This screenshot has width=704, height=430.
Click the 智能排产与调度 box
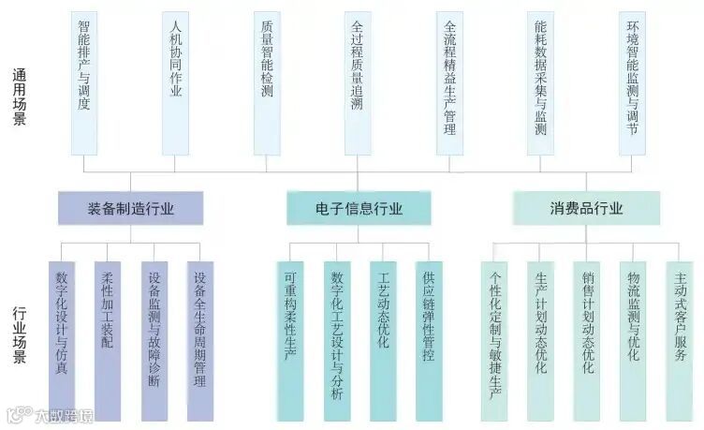pos(83,82)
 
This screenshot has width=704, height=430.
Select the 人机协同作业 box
pos(175,82)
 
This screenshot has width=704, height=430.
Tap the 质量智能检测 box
pos(267,82)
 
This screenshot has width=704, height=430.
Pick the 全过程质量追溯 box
pos(358,82)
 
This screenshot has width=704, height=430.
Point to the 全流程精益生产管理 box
pos(449,82)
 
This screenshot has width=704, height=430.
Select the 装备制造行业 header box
pos(130,208)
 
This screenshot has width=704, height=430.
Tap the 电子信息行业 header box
pos(359,208)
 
